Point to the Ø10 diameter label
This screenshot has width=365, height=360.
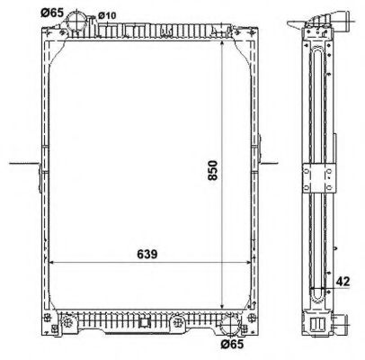106,14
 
